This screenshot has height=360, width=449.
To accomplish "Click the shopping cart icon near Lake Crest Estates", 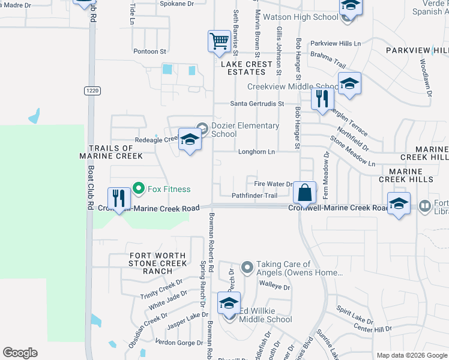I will tap(218, 41).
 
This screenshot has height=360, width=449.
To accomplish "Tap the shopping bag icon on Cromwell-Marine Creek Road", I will tap(305, 193).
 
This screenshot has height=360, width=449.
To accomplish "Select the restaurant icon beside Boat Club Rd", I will tap(118, 199).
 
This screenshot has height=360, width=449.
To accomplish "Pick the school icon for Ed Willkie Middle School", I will tap(229, 304).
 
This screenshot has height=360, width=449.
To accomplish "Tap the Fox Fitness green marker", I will tap(139, 189).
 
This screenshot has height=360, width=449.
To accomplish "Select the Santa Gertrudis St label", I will tap(257, 104).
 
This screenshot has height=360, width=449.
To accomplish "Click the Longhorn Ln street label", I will tap(256, 152).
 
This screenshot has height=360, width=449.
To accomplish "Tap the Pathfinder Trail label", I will tap(255, 196).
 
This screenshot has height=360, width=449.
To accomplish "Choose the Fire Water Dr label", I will tap(273, 184).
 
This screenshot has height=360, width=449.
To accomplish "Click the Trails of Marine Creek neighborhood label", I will tap(111, 152).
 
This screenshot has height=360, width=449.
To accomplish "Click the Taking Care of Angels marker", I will tap(247, 267).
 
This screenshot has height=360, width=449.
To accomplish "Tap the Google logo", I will tap(20, 353).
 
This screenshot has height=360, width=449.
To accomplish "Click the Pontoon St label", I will tap(149, 52).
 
